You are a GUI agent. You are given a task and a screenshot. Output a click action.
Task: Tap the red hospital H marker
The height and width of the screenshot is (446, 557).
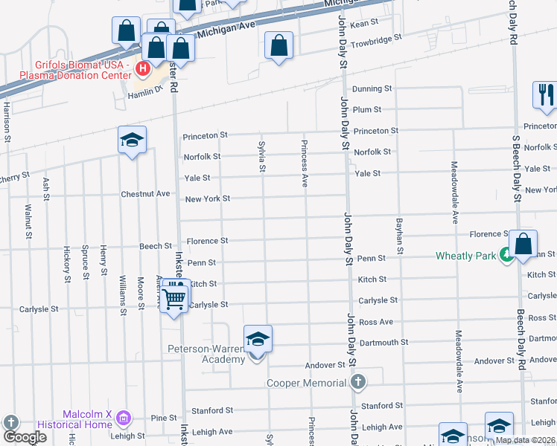point(143,70)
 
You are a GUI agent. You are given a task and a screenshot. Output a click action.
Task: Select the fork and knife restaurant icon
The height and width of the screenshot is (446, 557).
point(544,95)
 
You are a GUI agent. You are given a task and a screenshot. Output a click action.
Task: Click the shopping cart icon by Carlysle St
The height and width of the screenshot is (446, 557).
point(174,299)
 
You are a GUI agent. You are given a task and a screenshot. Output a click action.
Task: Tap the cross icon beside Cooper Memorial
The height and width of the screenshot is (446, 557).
point(358,382)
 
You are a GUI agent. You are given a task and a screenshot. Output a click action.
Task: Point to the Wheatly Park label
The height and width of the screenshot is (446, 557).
point(465,256)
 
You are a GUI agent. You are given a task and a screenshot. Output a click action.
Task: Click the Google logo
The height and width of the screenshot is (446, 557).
point(25,437)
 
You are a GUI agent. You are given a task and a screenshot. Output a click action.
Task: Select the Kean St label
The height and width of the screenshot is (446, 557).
point(364,24)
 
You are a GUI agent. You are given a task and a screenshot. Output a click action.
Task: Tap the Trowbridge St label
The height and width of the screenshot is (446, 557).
point(376,36)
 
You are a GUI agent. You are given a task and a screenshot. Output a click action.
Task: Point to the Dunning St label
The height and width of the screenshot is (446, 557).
point(372,88)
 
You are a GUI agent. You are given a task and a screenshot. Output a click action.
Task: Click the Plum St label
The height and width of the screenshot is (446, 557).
point(367,109)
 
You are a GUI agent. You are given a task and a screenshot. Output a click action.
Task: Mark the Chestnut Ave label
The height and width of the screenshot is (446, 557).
point(145,194)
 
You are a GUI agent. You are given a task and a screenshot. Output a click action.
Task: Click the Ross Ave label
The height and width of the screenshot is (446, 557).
point(375,322)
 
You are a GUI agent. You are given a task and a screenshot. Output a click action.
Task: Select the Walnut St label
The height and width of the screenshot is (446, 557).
point(28,221)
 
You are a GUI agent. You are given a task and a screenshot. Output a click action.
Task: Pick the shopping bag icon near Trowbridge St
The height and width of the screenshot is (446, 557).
point(278,46)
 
